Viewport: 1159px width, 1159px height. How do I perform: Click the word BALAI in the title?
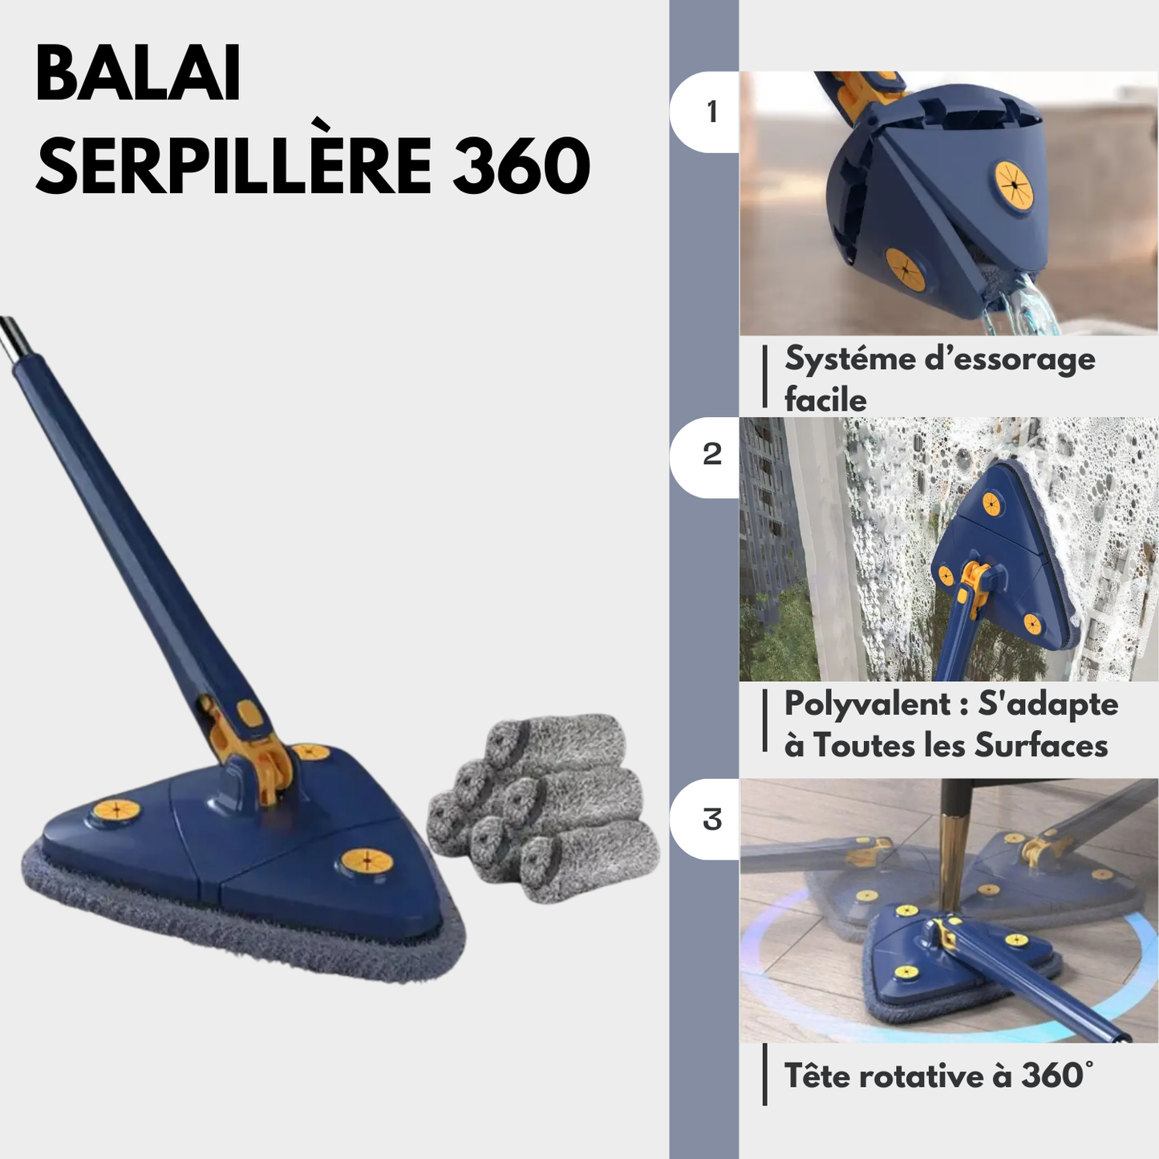click(138, 74)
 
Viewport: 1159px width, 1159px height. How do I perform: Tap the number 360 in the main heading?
click(521, 166)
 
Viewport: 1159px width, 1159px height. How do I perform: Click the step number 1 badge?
click(704, 111)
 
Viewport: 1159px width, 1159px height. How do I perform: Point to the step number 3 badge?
click(704, 819)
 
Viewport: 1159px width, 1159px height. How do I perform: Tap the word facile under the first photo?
click(825, 400)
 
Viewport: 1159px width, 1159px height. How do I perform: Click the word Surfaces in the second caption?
click(1040, 746)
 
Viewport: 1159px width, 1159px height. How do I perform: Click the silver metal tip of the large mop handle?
click(10, 340)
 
